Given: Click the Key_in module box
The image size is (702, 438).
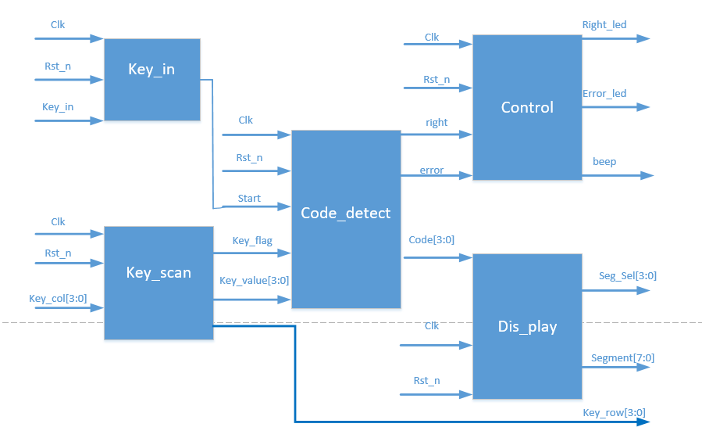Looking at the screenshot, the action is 152,79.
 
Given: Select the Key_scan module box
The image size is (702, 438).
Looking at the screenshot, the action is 159,283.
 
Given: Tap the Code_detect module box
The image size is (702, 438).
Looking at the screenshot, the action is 346,219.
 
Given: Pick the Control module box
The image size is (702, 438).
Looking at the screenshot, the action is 527,108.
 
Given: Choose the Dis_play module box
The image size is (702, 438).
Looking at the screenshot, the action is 527,326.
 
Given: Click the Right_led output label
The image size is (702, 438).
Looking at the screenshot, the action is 604,25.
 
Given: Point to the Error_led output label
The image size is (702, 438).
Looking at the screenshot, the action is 604,94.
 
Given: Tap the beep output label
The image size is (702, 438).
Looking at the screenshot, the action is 604,162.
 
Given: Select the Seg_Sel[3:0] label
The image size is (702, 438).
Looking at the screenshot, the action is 628,276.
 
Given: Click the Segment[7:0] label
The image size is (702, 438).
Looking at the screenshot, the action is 623,357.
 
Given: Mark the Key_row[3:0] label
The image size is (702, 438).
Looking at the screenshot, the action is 615,412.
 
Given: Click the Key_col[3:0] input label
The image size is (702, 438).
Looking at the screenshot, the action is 58,299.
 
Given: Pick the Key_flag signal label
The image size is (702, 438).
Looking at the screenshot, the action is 252,241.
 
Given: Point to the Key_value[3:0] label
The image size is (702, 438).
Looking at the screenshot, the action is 254,281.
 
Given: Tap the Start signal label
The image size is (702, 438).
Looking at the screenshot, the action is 249,198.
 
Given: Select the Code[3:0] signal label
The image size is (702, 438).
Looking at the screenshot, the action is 432,240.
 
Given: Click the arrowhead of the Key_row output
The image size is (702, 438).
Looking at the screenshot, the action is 643,422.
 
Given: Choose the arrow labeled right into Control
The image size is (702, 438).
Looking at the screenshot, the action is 437,134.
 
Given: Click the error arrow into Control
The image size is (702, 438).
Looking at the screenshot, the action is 437,175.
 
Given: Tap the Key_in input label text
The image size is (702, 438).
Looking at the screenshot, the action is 58,107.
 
